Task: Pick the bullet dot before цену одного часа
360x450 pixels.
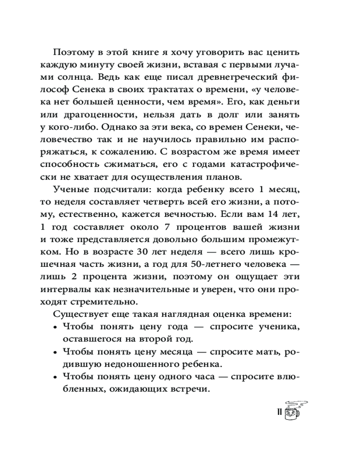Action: pyautogui.click(x=55, y=378)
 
